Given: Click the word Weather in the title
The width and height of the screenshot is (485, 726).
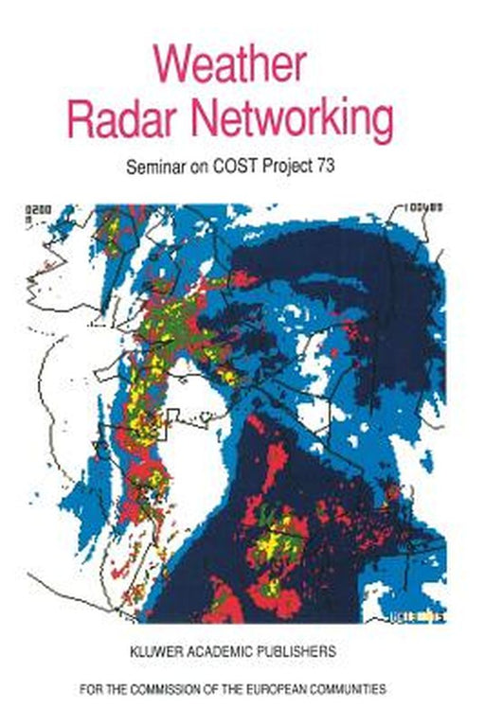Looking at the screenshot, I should pyautogui.click(x=229, y=63).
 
